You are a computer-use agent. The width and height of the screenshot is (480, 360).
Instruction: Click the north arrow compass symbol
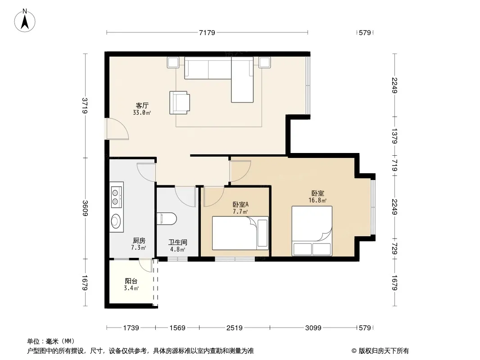click(x=25, y=21)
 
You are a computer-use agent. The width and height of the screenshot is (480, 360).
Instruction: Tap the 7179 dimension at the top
click(x=207, y=32)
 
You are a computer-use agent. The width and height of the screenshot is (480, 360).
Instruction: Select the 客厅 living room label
click(x=142, y=105)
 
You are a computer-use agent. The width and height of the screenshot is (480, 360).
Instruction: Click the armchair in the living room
click(x=180, y=103)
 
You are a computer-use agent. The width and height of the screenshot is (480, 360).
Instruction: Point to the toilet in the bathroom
click(x=167, y=219)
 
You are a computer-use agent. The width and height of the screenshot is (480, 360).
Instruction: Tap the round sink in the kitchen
click(x=117, y=221)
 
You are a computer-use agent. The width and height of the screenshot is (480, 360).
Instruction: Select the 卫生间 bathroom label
click(x=177, y=242)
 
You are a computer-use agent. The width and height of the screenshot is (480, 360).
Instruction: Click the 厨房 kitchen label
click(x=139, y=241)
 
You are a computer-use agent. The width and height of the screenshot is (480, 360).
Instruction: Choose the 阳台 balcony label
click(x=131, y=281)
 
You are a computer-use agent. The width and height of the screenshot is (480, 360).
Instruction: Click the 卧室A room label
click(x=240, y=204)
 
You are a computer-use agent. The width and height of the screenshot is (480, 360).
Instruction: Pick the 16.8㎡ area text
click(x=317, y=200)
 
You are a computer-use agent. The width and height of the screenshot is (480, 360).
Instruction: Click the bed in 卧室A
click(x=240, y=233)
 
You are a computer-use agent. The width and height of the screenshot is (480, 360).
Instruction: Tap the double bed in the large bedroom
click(x=312, y=231)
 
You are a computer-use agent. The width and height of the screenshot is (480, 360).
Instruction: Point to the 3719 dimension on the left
click(x=85, y=105)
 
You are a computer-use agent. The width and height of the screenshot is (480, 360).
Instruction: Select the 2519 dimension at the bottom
click(x=235, y=328)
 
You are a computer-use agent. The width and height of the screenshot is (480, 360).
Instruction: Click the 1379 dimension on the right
click(x=394, y=136)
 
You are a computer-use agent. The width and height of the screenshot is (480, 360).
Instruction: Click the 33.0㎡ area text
click(x=142, y=112)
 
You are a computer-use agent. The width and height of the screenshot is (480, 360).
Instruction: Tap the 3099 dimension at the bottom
click(x=313, y=328)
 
